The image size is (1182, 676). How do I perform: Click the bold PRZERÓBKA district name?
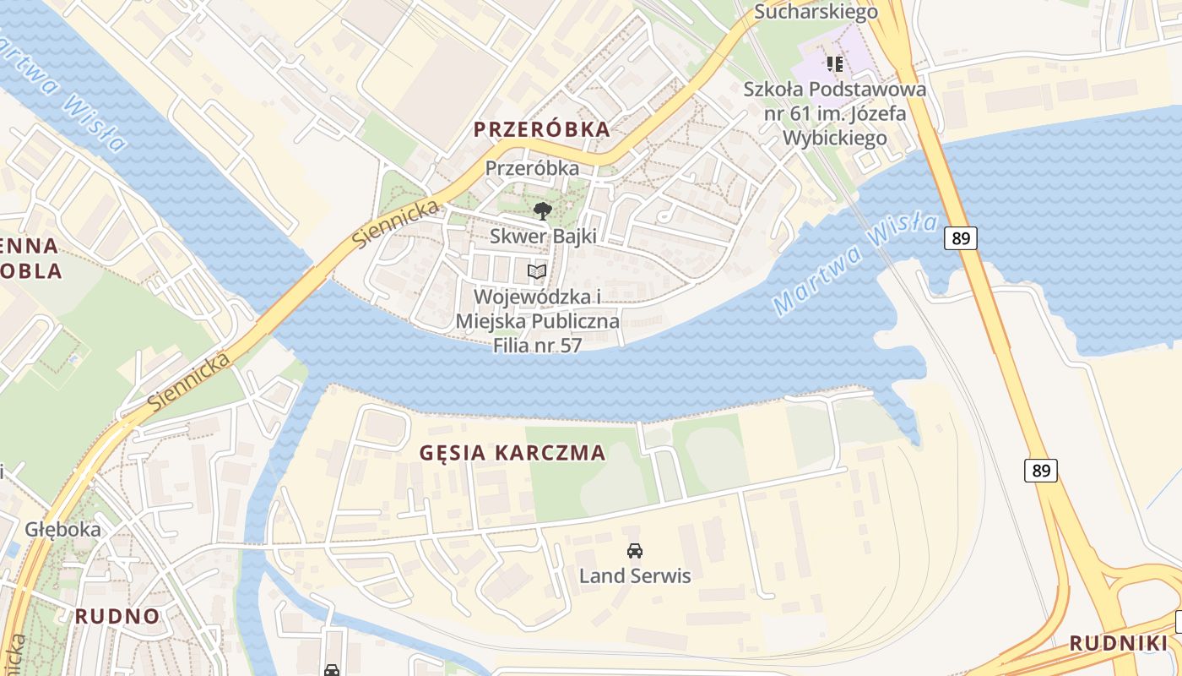pyautogui.click(x=541, y=129)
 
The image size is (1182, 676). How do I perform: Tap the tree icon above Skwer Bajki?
pyautogui.click(x=542, y=210)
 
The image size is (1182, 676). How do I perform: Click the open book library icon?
pyautogui.click(x=537, y=271)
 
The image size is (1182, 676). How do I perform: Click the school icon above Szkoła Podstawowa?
pyautogui.click(x=835, y=63)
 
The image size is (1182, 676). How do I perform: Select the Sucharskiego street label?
pyautogui.click(x=816, y=11)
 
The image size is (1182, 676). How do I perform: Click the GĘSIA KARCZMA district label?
pyautogui.click(x=512, y=453)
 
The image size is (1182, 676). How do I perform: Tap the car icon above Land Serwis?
pyautogui.click(x=634, y=551)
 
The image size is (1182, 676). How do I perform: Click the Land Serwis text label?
pyautogui.click(x=634, y=576)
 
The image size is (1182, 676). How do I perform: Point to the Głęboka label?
pyautogui.click(x=62, y=530)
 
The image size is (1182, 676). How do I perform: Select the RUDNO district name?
pyautogui.click(x=117, y=616)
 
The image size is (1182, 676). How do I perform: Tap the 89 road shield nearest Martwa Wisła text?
pyautogui.click(x=961, y=238)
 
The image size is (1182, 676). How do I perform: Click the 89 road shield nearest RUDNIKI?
pyautogui.click(x=1041, y=471)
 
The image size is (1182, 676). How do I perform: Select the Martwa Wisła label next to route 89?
pyautogui.click(x=855, y=264)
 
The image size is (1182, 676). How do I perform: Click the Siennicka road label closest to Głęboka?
pyautogui.click(x=190, y=383)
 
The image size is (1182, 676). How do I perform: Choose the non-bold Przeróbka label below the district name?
pyautogui.click(x=532, y=168)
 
